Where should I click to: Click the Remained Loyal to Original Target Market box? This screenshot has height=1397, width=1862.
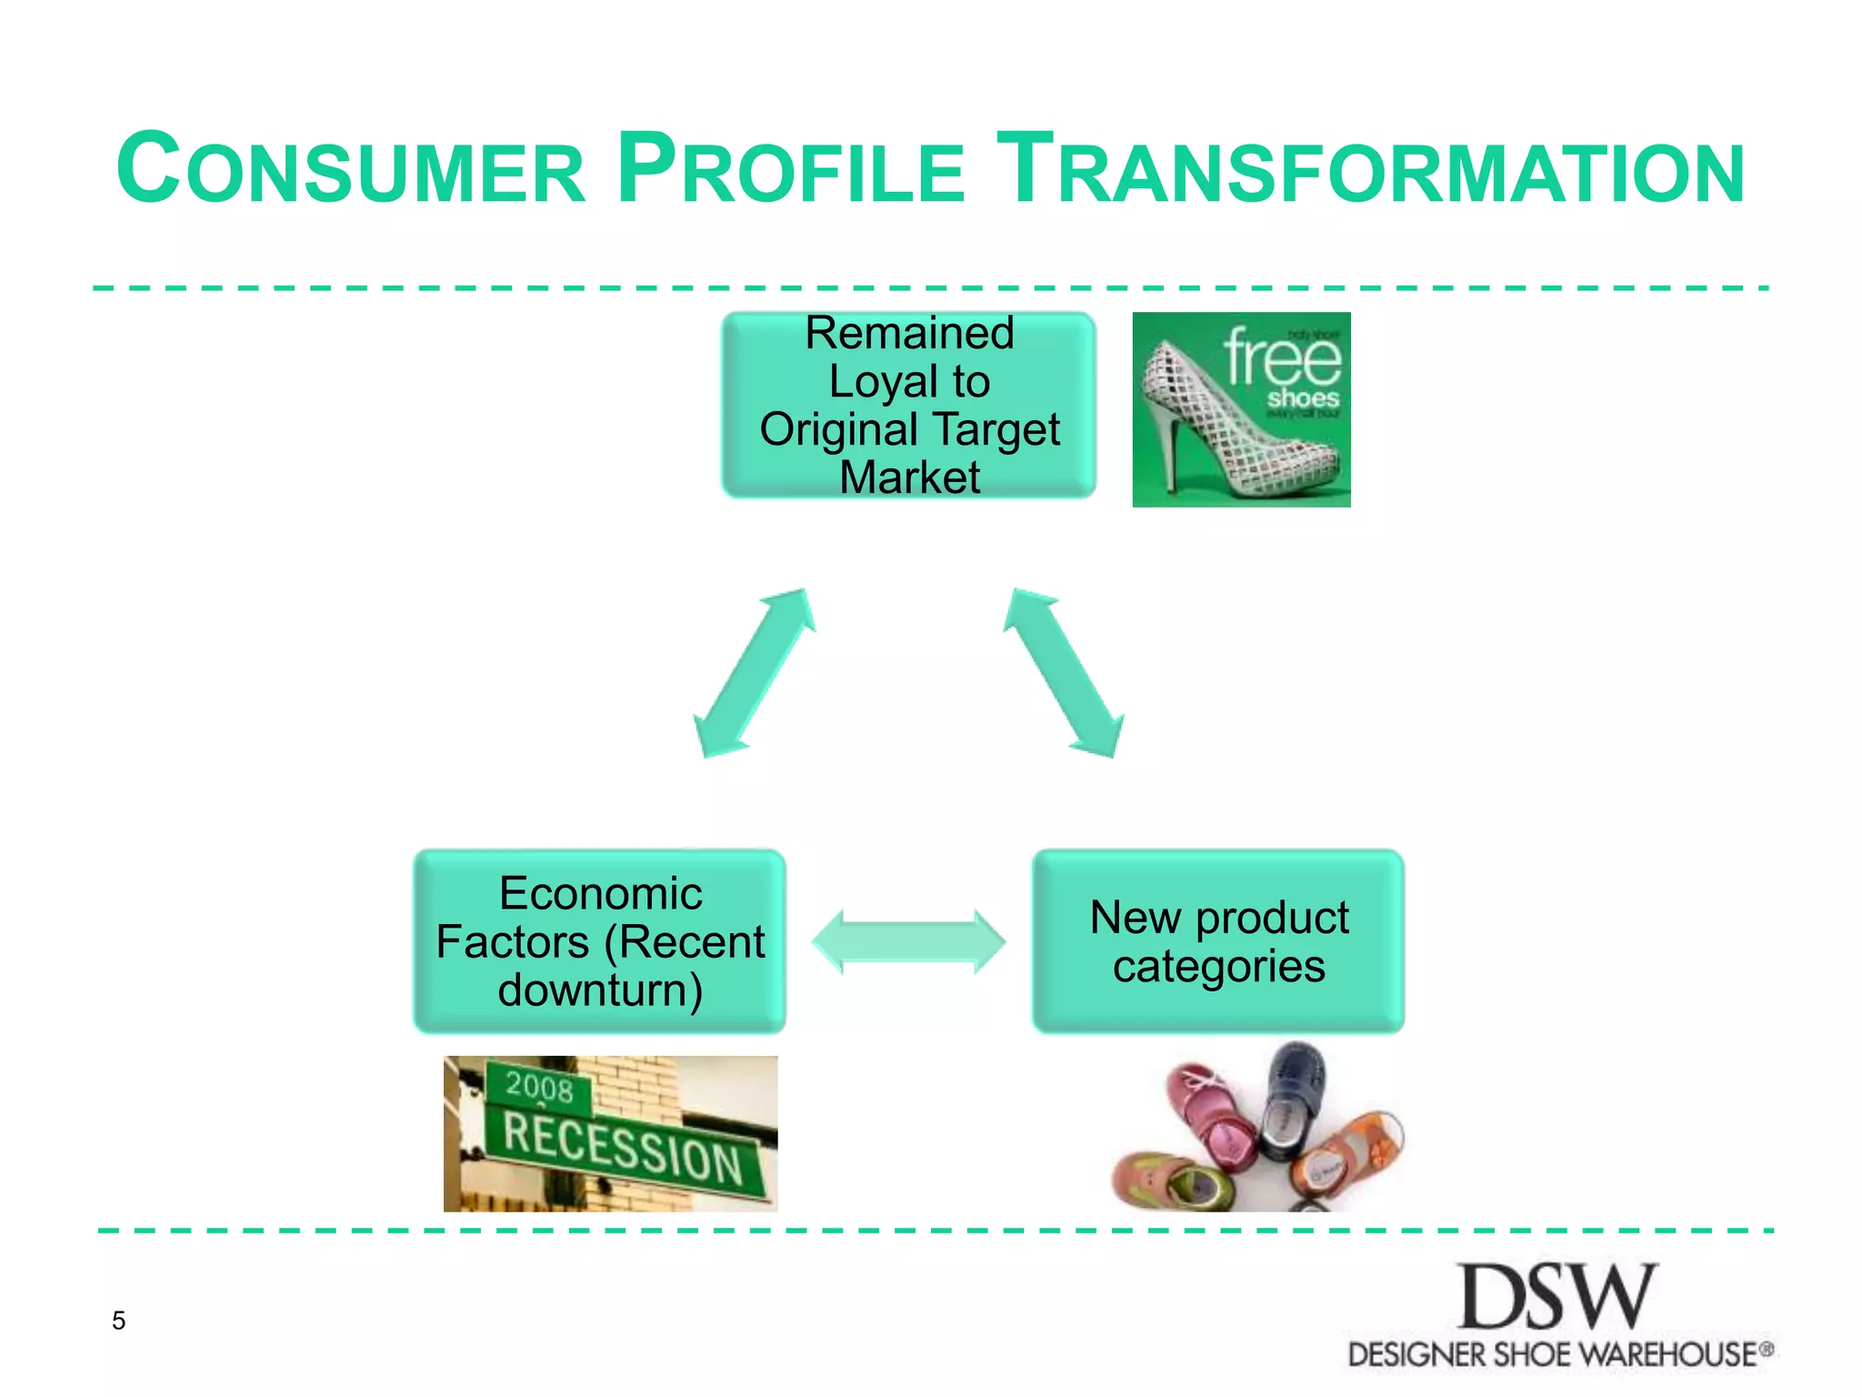pos(908,405)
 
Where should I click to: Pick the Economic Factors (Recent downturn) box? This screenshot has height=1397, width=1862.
pos(600,941)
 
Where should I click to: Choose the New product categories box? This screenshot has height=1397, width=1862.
pos(1218,941)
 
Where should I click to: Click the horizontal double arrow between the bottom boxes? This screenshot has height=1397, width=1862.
pos(908,941)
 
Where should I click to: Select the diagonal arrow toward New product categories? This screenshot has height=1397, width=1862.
pos(1064,673)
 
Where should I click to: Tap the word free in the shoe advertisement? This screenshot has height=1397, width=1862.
pos(1282,359)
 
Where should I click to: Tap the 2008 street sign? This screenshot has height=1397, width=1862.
pos(539,1086)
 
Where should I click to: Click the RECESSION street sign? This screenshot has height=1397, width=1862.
pos(624,1150)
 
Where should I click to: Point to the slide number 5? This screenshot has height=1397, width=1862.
pos(118,1321)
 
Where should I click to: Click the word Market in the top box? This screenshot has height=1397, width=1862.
pos(908,477)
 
